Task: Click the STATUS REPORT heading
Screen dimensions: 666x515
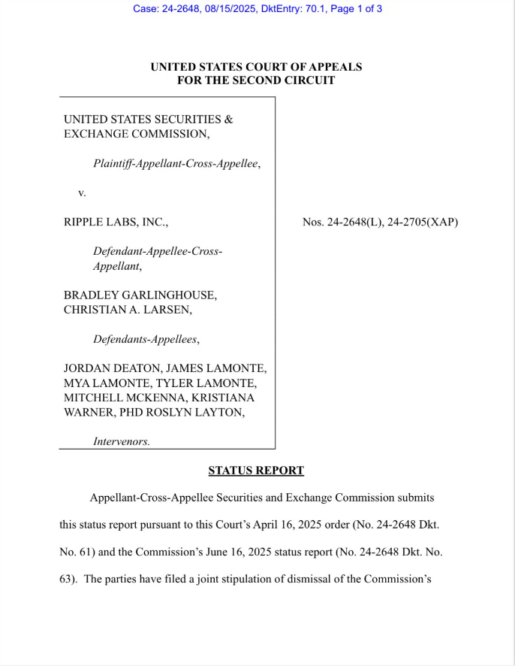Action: click(x=256, y=471)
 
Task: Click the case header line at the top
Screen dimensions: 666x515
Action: click(x=257, y=9)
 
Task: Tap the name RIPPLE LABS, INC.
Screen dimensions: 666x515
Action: click(x=116, y=222)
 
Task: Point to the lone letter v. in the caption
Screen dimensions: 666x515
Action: click(x=82, y=193)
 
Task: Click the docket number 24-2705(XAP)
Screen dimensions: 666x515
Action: click(x=423, y=222)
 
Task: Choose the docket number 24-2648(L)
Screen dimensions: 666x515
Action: click(x=346, y=222)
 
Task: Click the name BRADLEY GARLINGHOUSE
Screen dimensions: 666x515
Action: click(x=140, y=295)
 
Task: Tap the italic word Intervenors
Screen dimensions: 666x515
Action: click(x=121, y=441)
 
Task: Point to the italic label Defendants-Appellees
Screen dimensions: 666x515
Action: click(x=146, y=339)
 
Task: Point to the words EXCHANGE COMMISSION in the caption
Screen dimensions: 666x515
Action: click(x=135, y=134)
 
